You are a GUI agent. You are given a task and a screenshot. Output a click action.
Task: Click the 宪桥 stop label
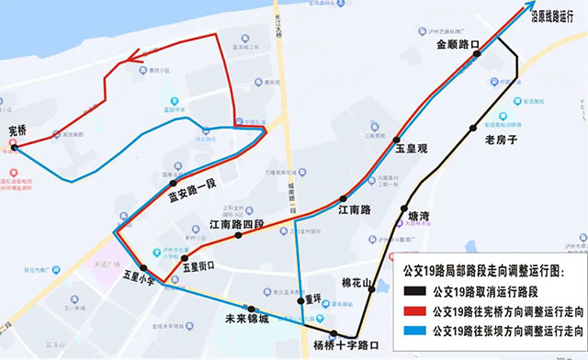tap(17, 130)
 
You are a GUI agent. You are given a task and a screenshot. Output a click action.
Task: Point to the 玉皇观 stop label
tap(413, 147)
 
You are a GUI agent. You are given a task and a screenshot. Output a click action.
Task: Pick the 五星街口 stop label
tap(198, 266)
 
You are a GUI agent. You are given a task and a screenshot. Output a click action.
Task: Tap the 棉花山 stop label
tap(357, 283)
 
